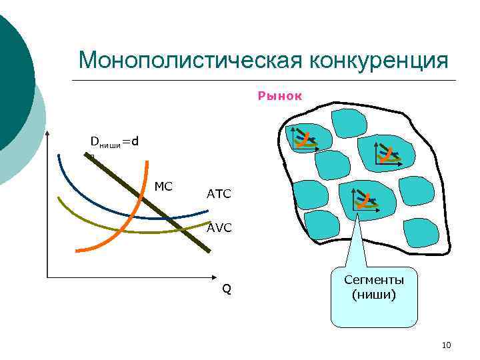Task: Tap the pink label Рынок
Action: (x=280, y=96)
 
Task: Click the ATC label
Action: (x=219, y=194)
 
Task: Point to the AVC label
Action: (x=219, y=227)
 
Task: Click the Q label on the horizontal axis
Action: (x=227, y=289)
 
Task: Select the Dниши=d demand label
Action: (x=115, y=141)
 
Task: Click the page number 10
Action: (x=447, y=345)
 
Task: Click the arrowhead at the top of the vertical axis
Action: (x=48, y=131)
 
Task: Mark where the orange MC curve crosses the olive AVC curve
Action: (x=113, y=230)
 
